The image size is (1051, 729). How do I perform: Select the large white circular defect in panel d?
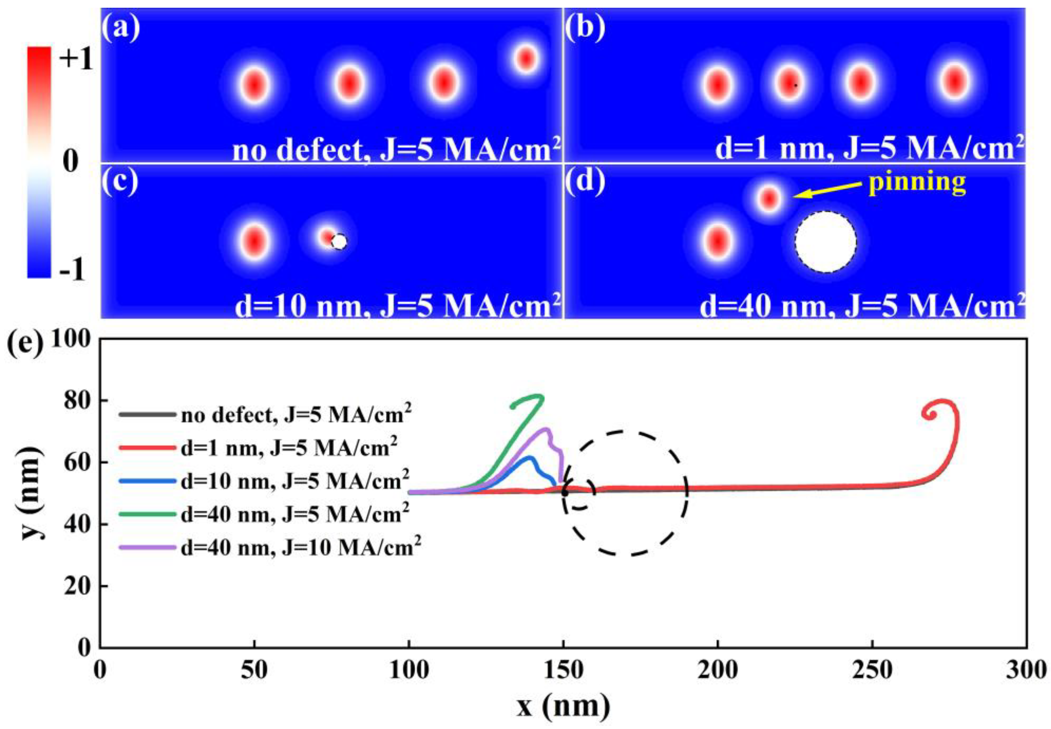825,242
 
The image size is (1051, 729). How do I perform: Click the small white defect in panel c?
339,242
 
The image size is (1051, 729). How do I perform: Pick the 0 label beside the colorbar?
71,162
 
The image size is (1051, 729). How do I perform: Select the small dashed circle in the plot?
579,493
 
